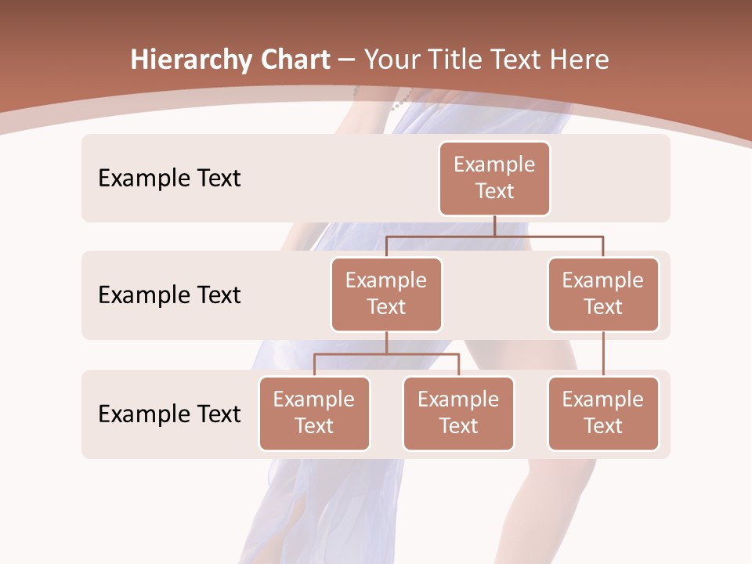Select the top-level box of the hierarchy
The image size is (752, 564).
click(x=494, y=178)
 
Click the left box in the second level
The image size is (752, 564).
click(x=386, y=294)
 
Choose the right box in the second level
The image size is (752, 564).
click(x=603, y=294)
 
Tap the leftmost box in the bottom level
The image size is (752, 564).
click(x=314, y=413)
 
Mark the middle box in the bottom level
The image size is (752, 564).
click(x=458, y=413)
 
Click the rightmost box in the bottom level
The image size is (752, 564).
click(x=603, y=413)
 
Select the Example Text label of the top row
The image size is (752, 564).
click(x=169, y=179)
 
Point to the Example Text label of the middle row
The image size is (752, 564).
click(x=169, y=295)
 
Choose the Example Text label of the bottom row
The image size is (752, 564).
click(x=169, y=414)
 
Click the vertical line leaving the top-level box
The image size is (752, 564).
click(x=494, y=226)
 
